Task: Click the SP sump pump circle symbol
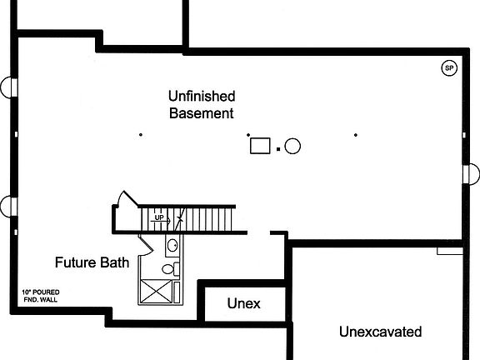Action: click(449, 68)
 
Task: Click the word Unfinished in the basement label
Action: click(202, 96)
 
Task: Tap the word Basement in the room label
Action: click(202, 113)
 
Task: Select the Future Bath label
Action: click(92, 262)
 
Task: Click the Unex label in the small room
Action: click(243, 303)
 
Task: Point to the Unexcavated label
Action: click(381, 332)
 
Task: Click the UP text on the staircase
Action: click(159, 217)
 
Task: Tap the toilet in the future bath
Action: click(171, 269)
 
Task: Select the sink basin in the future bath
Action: click(172, 245)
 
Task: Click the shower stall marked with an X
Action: click(157, 292)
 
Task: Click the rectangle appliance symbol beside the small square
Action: click(260, 146)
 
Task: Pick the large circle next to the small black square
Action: click(292, 146)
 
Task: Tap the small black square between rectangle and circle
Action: click(278, 149)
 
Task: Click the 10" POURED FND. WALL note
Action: click(41, 296)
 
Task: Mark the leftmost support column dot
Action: click(141, 134)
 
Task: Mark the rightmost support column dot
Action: click(355, 135)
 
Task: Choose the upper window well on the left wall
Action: click(6, 87)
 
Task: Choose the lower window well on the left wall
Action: click(6, 207)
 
